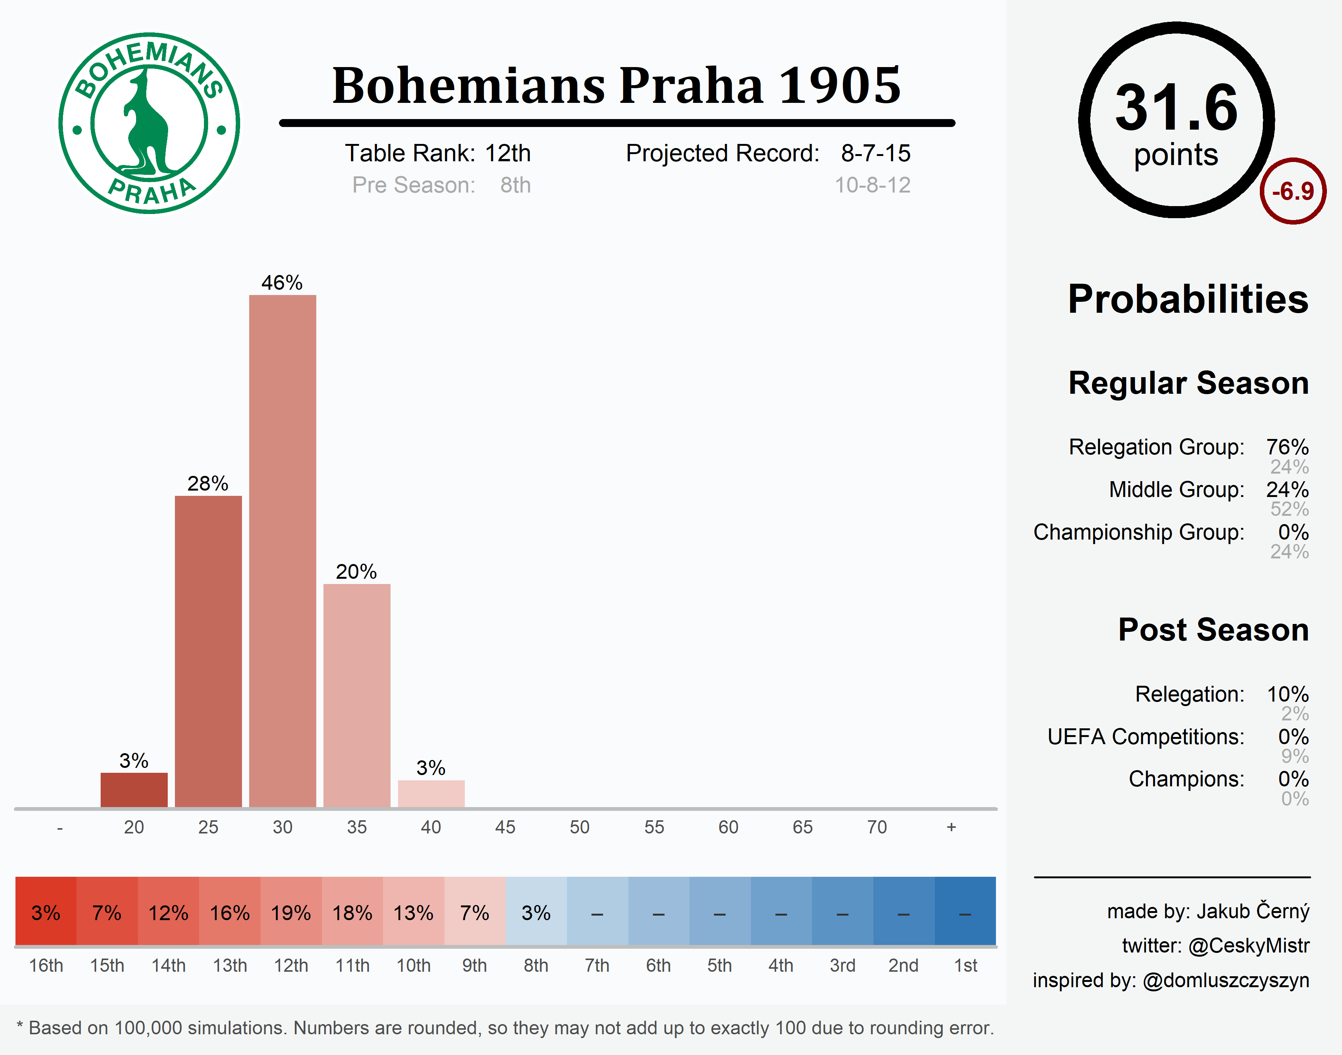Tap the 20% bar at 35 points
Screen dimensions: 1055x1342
[357, 695]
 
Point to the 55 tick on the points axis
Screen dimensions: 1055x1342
[654, 827]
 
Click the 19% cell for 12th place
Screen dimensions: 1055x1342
[291, 912]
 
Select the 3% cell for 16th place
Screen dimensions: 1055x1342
[46, 912]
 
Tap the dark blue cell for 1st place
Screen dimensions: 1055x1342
[965, 912]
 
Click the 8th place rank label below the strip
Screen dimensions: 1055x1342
[536, 965]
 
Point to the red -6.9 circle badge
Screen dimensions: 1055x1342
[1293, 191]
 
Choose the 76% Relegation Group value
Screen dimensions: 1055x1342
[1287, 446]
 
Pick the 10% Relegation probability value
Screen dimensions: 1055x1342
[1288, 694]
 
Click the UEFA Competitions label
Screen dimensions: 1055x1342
[1146, 737]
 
